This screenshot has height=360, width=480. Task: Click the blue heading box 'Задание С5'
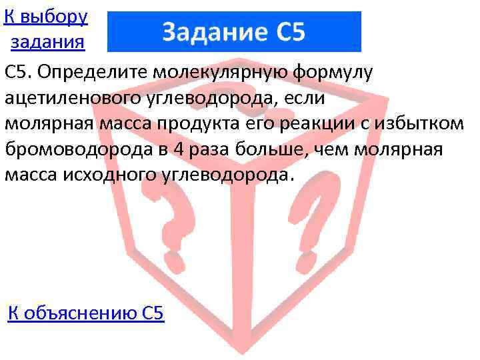(x=234, y=31)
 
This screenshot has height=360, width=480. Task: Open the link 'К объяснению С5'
(x=85, y=313)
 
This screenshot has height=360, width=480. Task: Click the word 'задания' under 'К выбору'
(x=47, y=43)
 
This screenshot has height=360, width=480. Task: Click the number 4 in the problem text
(x=176, y=149)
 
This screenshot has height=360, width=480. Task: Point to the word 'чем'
(x=333, y=149)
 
